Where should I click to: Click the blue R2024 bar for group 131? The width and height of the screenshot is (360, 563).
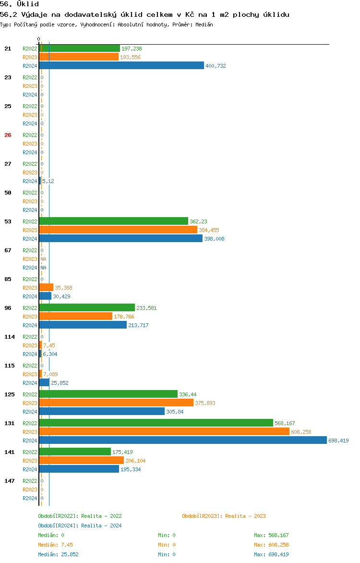coord(182,440)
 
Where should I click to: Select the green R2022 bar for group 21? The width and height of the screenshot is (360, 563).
coord(79,48)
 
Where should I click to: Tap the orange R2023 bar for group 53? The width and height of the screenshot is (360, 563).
coord(118,230)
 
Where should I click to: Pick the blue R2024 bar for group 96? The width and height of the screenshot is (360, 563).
coord(83,325)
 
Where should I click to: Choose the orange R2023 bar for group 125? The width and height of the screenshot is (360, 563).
coord(116,403)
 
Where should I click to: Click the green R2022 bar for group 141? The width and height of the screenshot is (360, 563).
coord(75,452)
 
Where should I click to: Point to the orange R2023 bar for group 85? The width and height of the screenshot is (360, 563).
coord(46,287)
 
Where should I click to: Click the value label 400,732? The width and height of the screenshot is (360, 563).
coord(216,66)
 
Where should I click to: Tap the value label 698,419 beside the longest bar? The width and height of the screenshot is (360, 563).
coord(338,441)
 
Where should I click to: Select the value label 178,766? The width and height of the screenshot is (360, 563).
coord(124,317)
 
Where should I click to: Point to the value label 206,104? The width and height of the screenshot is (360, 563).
coord(135,461)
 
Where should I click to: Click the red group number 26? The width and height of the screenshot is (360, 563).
coord(8,135)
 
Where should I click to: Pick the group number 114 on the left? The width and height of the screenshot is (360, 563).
coord(10,337)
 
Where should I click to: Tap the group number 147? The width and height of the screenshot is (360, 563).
coord(10,481)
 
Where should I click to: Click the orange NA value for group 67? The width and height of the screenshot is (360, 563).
coord(43,259)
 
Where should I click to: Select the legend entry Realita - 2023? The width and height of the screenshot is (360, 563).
coord(224,516)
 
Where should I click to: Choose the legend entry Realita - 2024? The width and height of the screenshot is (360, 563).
coord(80,526)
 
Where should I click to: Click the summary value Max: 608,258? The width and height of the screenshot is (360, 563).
coord(271,545)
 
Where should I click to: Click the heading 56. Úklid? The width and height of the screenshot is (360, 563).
coord(20,4)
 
